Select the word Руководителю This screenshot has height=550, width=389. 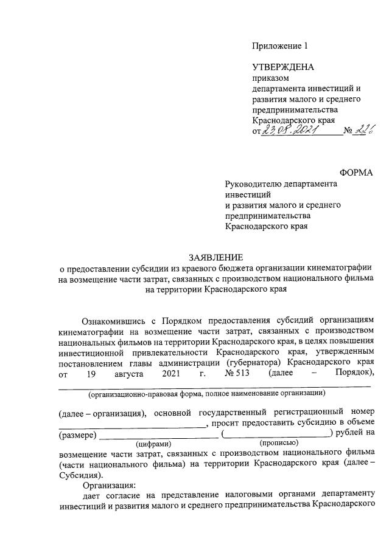click(x=254, y=184)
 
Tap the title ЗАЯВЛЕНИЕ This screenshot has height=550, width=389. click(x=216, y=257)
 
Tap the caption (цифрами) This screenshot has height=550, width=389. click(x=158, y=444)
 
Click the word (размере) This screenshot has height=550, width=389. click(x=78, y=435)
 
